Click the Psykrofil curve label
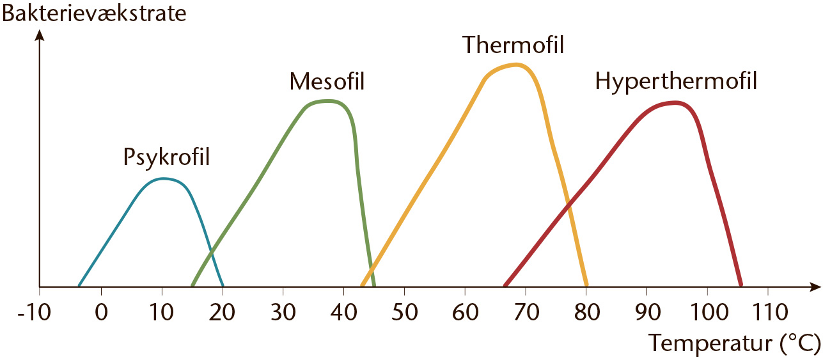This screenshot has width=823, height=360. click(166, 158)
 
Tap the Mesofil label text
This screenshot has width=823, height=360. click(327, 81)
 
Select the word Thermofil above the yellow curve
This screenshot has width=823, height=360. click(513, 45)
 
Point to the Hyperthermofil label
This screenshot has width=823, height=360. click(676, 82)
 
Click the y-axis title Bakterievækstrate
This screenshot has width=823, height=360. click(94, 13)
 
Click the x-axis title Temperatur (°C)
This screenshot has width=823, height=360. click(734, 343)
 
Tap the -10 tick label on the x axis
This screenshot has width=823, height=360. click(34, 313)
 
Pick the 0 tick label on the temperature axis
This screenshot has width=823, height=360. click(102, 313)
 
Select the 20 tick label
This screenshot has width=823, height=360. click(222, 313)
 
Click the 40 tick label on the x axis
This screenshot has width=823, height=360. click(343, 313)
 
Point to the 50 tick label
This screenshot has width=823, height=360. click(405, 313)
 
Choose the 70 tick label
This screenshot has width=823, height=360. click(526, 313)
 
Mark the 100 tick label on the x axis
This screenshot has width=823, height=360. click(709, 313)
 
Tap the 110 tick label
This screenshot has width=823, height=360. click(770, 313)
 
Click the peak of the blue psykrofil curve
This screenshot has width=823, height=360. click(163, 179)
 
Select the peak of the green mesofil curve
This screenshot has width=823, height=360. click(327, 101)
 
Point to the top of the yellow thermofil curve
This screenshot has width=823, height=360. click(516, 65)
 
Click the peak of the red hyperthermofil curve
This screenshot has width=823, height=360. click(675, 103)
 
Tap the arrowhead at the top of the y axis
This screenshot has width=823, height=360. click(40, 36)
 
